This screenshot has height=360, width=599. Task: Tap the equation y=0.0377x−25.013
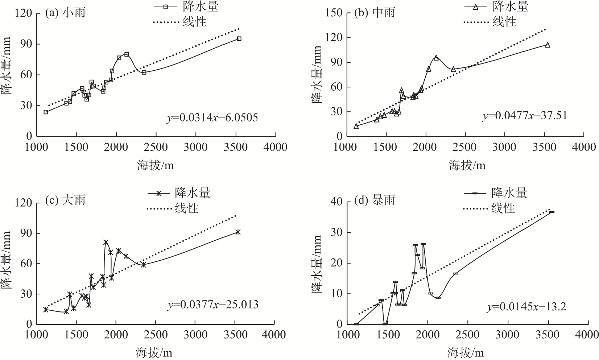(x=213, y=305)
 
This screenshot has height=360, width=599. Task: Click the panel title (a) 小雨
(x=65, y=13)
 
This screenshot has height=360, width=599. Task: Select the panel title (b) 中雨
(x=375, y=13)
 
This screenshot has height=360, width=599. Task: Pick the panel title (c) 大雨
(x=65, y=200)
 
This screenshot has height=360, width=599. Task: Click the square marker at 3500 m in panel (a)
(x=239, y=38)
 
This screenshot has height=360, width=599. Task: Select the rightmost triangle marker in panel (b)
(x=548, y=45)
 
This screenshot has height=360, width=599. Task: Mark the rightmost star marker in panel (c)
(x=238, y=232)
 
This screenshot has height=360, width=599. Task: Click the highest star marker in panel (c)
(x=106, y=242)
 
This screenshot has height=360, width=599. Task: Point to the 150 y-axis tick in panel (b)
(x=334, y=13)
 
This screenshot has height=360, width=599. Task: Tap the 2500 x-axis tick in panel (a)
(x=156, y=147)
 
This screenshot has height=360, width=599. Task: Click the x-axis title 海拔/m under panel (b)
(x=467, y=165)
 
